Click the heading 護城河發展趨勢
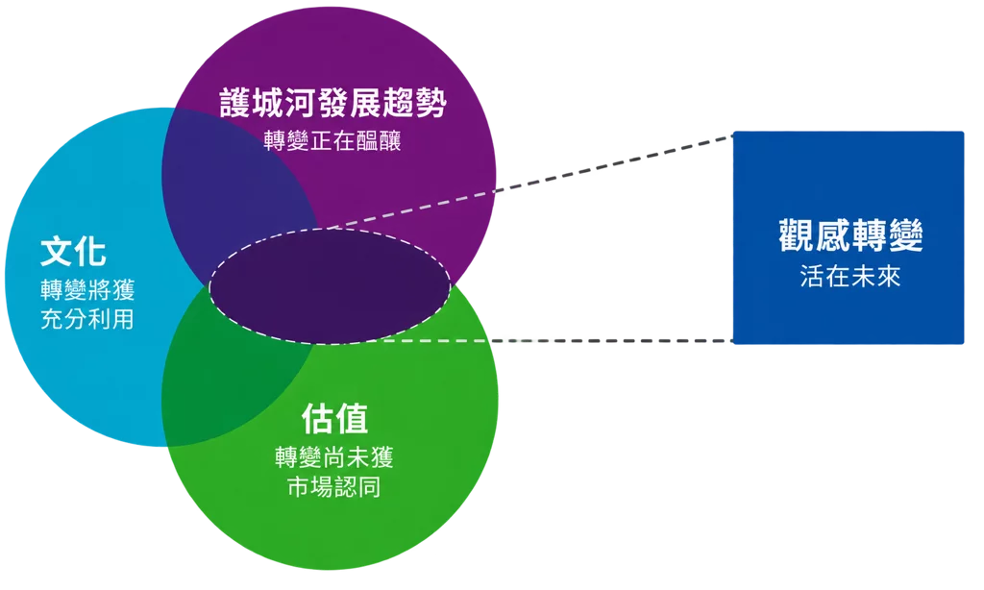(x=332, y=102)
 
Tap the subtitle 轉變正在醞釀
(x=332, y=140)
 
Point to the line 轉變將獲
(x=87, y=290)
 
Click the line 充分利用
(x=87, y=319)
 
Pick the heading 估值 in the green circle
(x=334, y=419)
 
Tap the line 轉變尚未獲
(x=333, y=457)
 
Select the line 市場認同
(x=333, y=487)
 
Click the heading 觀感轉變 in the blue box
(x=850, y=235)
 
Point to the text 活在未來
(x=850, y=276)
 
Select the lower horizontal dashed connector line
(x=558, y=341)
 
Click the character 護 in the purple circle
(x=235, y=103)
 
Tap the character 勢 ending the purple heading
(x=430, y=103)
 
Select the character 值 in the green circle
(x=352, y=419)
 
